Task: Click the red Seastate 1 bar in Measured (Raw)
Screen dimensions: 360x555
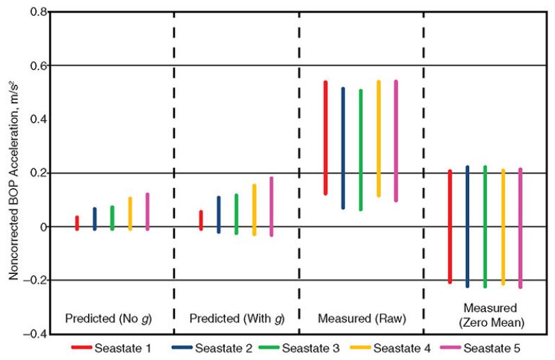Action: click(x=325, y=138)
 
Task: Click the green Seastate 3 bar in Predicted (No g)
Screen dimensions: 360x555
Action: click(x=112, y=218)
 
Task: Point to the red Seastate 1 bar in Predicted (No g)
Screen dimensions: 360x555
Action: click(x=77, y=223)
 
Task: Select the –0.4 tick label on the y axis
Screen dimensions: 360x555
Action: click(x=35, y=334)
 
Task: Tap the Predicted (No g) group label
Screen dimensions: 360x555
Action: click(x=108, y=320)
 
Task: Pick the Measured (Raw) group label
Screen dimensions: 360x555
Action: click(x=361, y=320)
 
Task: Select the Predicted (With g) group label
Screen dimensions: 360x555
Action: click(x=237, y=320)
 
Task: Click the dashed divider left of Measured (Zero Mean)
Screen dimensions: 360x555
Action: click(x=424, y=173)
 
